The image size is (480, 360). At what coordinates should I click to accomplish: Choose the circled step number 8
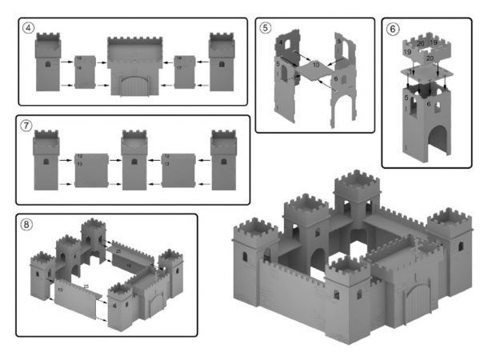point(27,225)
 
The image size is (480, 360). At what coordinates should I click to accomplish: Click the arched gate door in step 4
point(134,85)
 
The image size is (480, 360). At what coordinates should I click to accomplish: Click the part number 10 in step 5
point(316,64)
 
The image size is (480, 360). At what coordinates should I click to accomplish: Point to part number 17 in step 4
point(179,68)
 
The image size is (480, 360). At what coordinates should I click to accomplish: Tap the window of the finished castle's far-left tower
point(246,257)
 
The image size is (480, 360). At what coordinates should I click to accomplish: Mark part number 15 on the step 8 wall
point(61,289)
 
